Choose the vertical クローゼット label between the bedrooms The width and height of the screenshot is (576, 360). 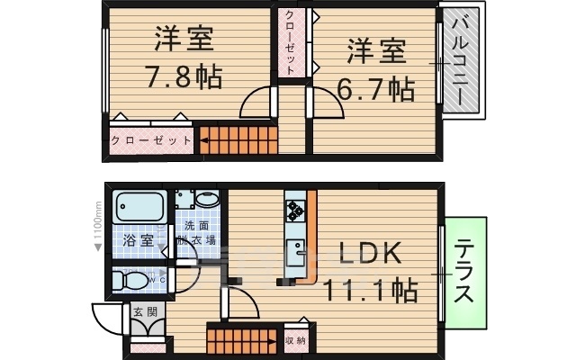pos(291,42)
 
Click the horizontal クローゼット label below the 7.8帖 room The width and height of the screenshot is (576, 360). pos(150,140)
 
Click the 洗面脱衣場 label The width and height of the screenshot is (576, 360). pos(195,234)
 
